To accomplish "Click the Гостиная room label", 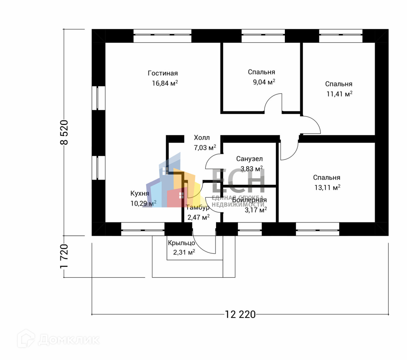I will tap(162, 73).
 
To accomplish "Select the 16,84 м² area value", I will tap(165, 84).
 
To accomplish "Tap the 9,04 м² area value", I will tap(264, 82).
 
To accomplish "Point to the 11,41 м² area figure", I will tap(339, 94).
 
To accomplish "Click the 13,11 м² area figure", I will tap(327, 188).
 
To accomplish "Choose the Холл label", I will tap(202, 138).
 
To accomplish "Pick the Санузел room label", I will tap(250, 159).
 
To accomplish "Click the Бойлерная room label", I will tap(249, 200).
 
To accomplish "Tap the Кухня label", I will tap(140, 194).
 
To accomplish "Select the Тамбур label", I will tap(197, 208).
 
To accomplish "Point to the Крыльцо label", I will tap(181, 243).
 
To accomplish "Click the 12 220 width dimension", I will tap(240, 314).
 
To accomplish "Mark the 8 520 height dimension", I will tap(64, 132).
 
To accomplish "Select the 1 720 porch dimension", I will tap(64, 256).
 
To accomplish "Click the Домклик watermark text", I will tap(68, 339).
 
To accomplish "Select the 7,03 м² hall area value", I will tap(205, 147).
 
